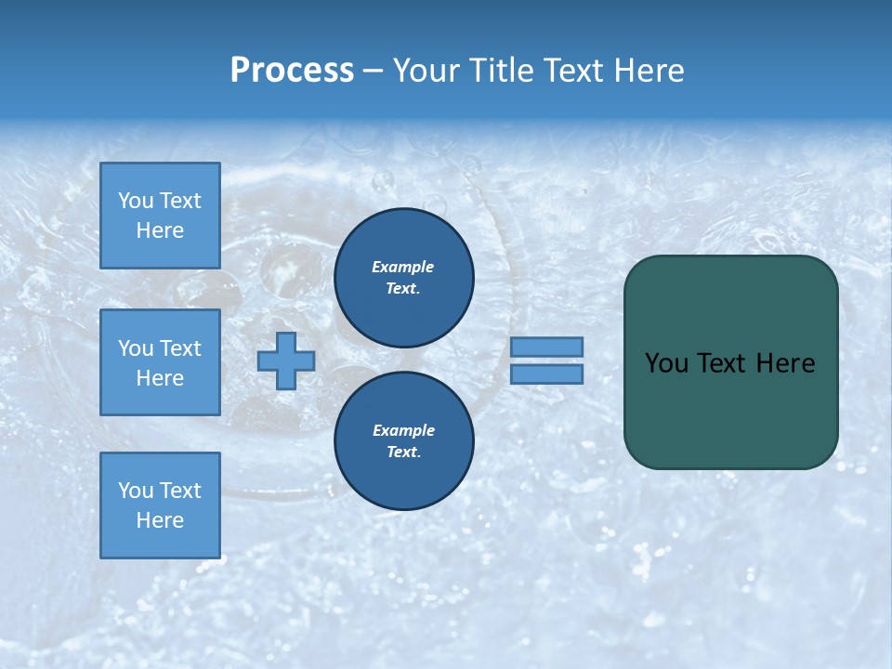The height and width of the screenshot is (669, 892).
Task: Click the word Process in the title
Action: (x=292, y=71)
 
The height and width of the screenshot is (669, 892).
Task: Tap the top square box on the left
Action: (x=160, y=216)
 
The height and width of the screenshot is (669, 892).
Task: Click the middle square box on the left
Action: (x=160, y=362)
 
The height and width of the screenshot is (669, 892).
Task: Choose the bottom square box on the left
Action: (x=160, y=505)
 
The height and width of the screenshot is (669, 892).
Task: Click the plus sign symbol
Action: (x=286, y=361)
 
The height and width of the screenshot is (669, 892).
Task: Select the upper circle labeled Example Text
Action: (x=403, y=277)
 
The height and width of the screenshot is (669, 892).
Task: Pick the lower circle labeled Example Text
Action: (x=403, y=440)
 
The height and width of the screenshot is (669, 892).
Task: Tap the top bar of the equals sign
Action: (x=546, y=347)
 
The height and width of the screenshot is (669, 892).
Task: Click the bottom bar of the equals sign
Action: (x=546, y=374)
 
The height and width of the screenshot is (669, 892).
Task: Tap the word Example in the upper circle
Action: (x=403, y=267)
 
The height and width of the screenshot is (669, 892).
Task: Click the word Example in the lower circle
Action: (x=403, y=430)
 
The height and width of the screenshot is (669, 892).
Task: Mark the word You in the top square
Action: (x=136, y=201)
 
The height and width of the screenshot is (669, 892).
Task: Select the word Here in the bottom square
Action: (x=160, y=520)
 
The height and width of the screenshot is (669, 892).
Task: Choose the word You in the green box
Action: (x=665, y=363)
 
